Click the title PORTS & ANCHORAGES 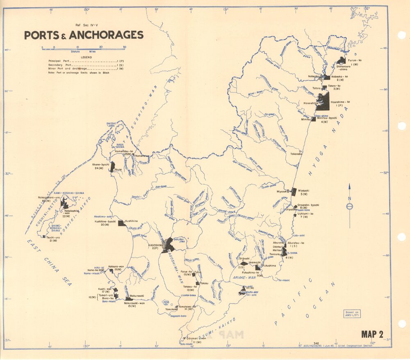coord(84,35)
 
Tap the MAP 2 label coord(372,334)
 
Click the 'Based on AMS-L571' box coord(352,314)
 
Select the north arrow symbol coord(349,205)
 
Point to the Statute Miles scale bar coord(84,48)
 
